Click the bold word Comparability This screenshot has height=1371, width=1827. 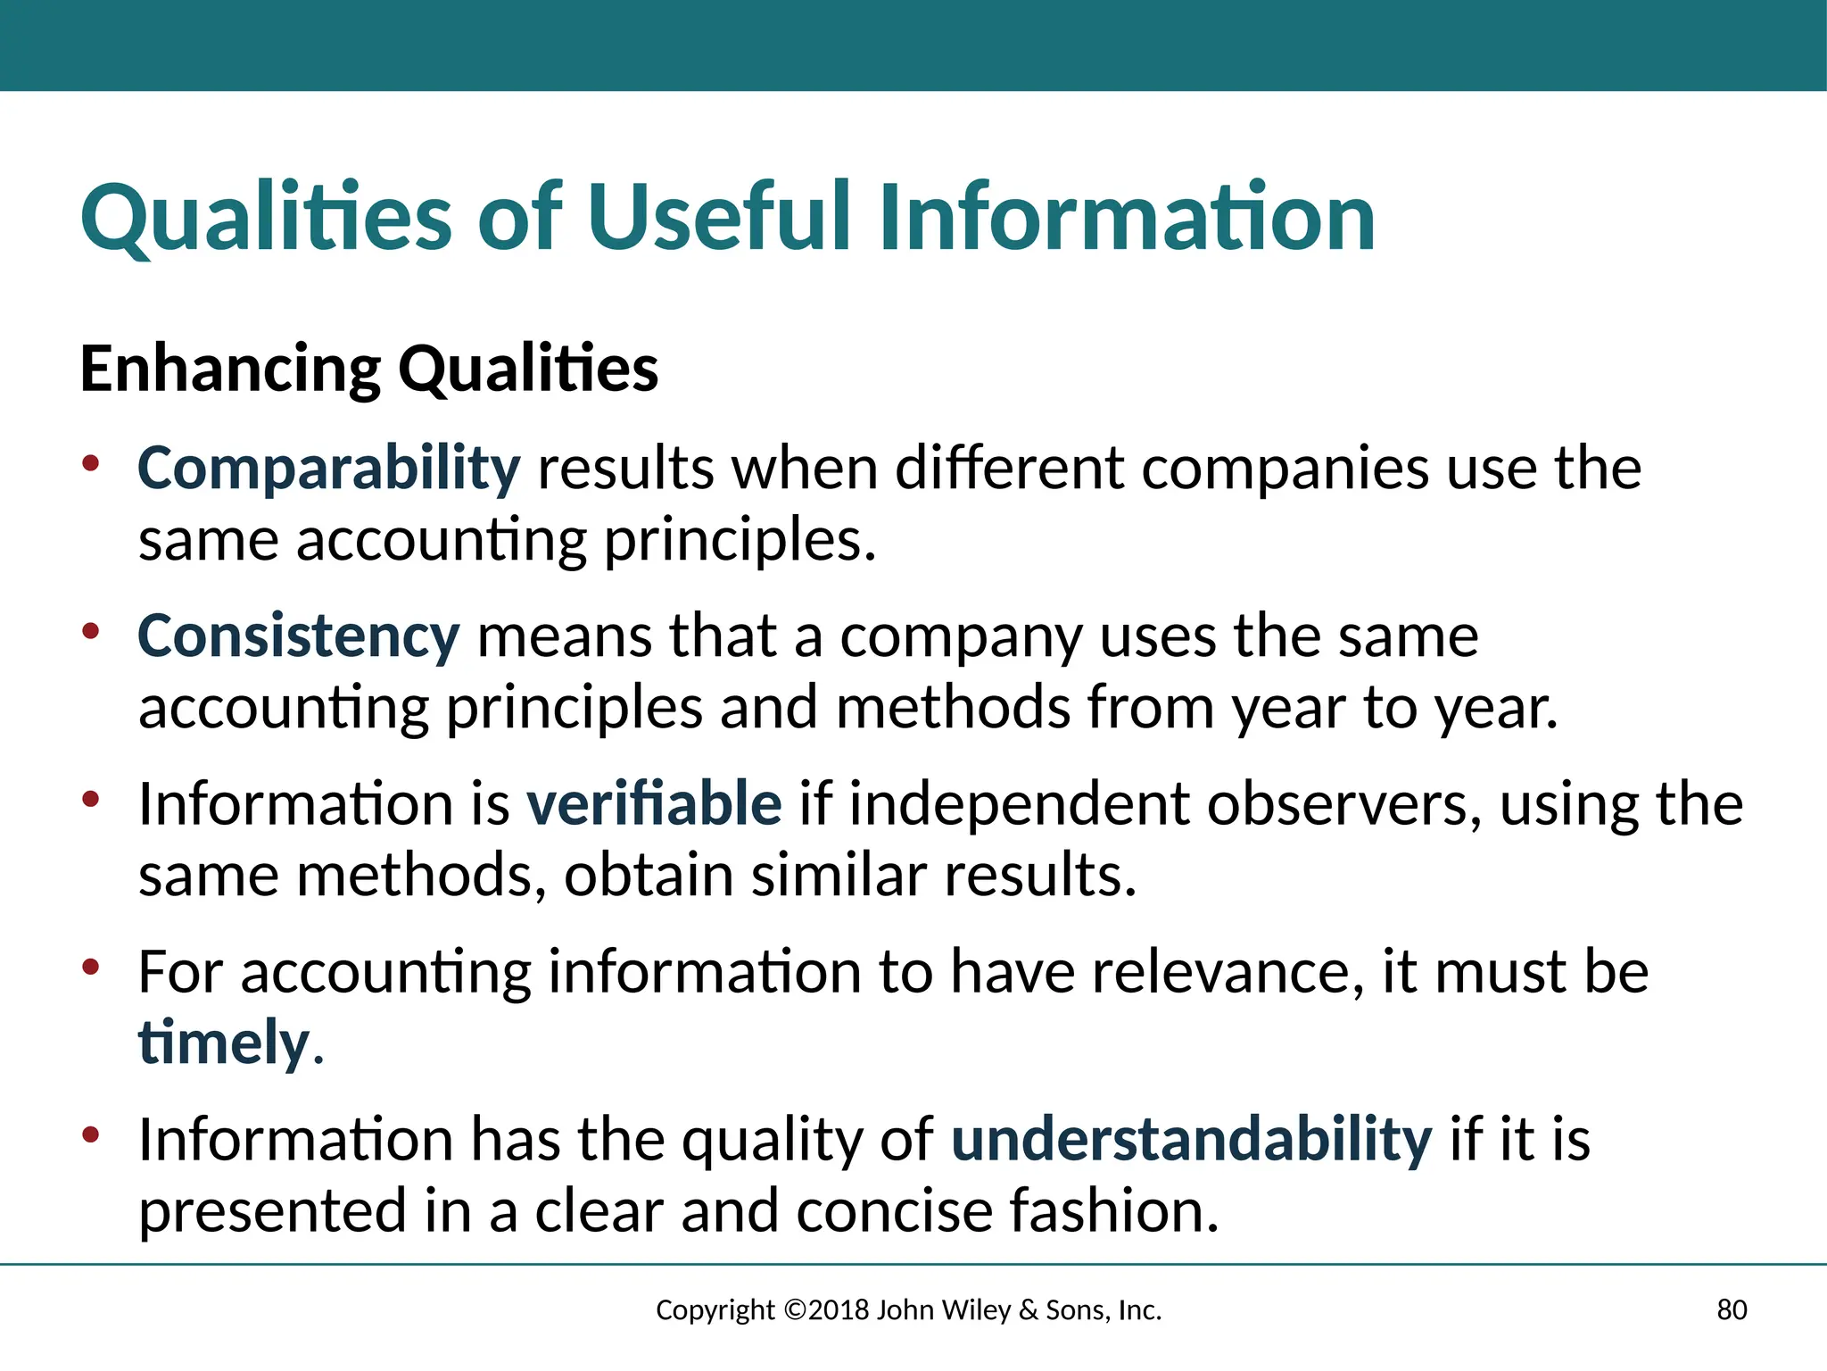click(328, 469)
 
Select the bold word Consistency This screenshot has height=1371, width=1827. click(298, 637)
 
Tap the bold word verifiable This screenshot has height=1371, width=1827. click(654, 803)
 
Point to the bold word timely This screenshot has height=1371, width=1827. click(223, 1043)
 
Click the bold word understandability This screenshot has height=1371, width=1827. click(1191, 1140)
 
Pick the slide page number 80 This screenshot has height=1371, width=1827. click(1732, 1309)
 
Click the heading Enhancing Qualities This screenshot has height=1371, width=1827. click(369, 369)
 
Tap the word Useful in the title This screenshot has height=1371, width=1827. click(722, 218)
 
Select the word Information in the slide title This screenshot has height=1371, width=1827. click(1127, 218)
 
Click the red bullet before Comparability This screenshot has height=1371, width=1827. click(90, 463)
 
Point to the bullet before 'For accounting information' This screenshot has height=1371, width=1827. click(90, 967)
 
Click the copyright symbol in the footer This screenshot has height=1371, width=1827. click(795, 1309)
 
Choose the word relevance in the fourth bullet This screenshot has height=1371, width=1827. click(1228, 972)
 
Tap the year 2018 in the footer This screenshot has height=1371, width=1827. click(839, 1309)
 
